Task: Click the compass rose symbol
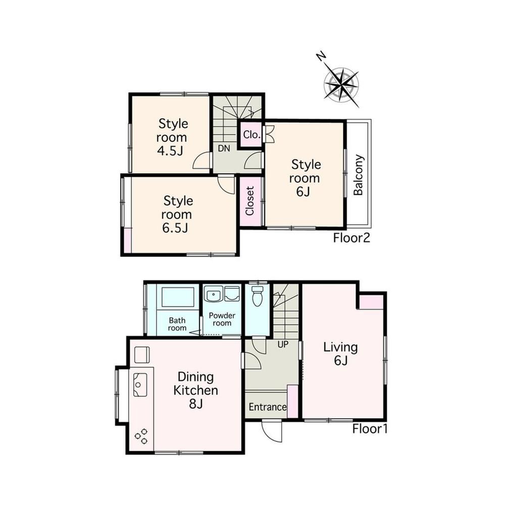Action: (x=342, y=85)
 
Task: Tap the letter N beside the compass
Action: (x=321, y=57)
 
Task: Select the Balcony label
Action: (x=358, y=175)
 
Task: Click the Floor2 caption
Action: (x=351, y=238)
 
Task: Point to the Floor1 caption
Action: (x=370, y=429)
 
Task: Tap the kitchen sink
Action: (x=140, y=384)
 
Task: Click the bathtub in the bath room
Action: (x=178, y=297)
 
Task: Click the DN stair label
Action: (x=224, y=148)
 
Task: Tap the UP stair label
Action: (x=283, y=344)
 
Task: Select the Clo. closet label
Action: (x=251, y=135)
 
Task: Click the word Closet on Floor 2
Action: (x=250, y=201)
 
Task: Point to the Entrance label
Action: (x=268, y=407)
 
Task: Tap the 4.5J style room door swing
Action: (x=201, y=161)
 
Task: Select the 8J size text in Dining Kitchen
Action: (x=195, y=403)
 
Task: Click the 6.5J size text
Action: (x=175, y=228)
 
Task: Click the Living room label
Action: (x=340, y=347)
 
